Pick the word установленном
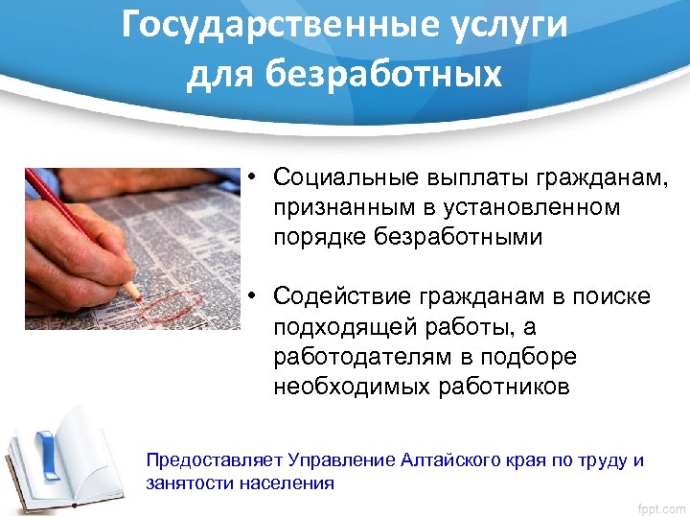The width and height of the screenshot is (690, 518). click(x=532, y=206)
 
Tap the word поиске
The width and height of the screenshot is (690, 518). click(x=610, y=297)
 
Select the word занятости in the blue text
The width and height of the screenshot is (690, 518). click(x=186, y=483)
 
